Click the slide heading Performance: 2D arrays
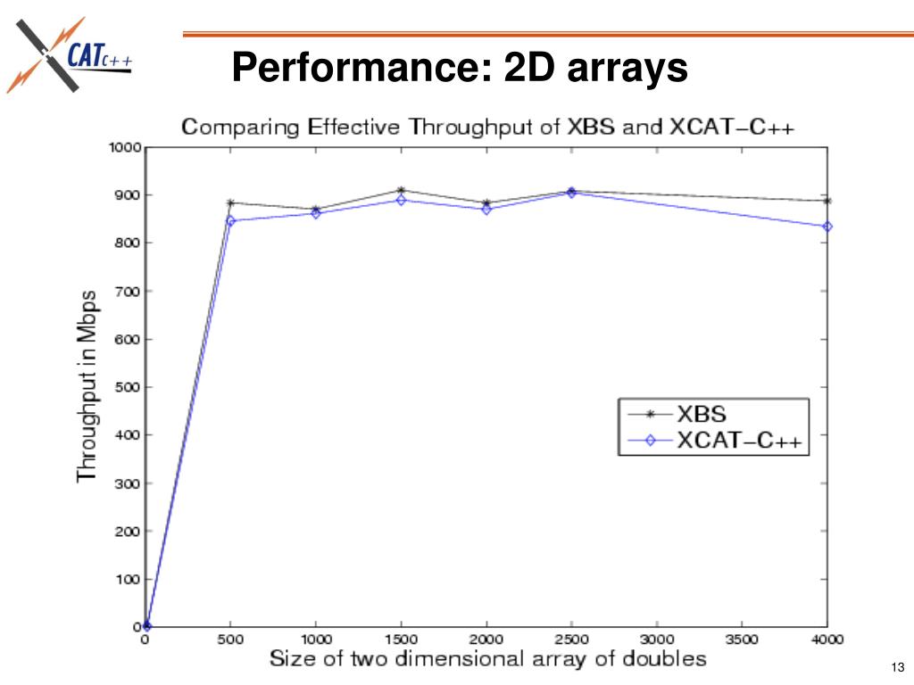click(x=460, y=68)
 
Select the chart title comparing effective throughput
click(x=488, y=127)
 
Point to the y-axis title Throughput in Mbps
click(x=87, y=385)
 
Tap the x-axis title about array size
click(x=488, y=659)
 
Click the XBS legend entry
click(x=702, y=414)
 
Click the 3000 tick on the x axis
click(x=657, y=640)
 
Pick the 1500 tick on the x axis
click(x=401, y=640)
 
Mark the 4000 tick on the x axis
click(x=827, y=640)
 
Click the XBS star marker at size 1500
click(x=401, y=190)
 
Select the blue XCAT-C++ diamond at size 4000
click(x=827, y=227)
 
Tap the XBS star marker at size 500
click(x=230, y=202)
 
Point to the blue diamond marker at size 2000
click(x=486, y=210)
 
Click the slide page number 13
click(x=898, y=668)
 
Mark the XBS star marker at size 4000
click(x=827, y=201)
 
